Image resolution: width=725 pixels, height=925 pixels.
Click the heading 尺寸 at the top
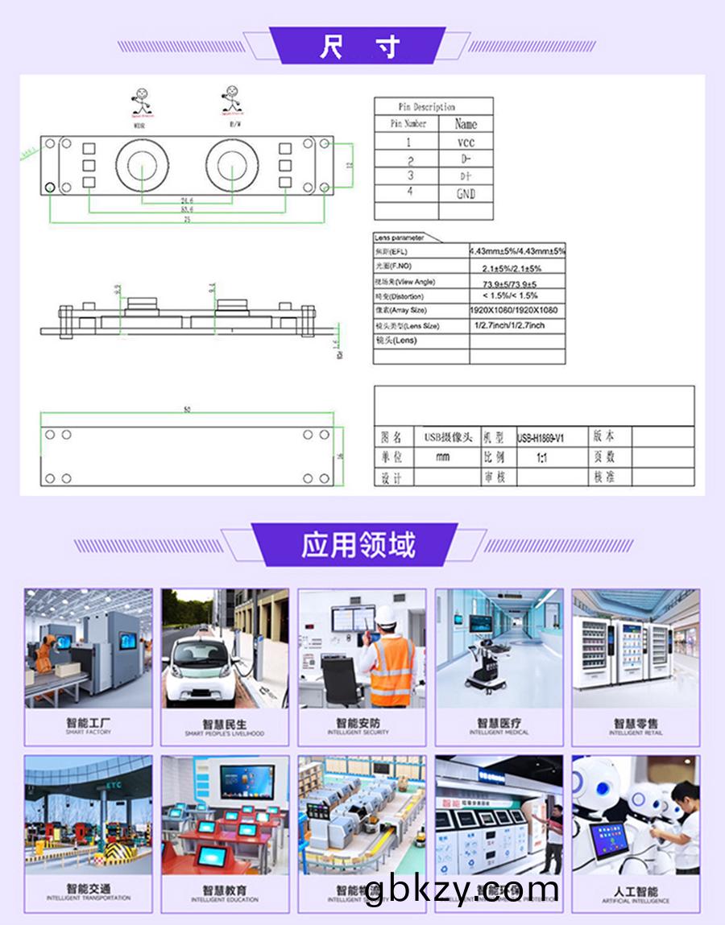click(x=358, y=47)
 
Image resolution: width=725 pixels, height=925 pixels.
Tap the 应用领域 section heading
click(x=358, y=545)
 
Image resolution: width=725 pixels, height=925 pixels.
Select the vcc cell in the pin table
click(x=466, y=142)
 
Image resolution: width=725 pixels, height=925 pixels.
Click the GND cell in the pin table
click(x=466, y=193)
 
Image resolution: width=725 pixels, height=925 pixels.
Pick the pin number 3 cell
click(x=410, y=176)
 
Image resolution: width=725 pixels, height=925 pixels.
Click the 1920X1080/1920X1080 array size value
click(x=514, y=310)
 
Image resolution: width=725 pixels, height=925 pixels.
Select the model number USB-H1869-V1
click(x=540, y=437)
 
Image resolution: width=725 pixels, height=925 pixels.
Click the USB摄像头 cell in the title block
click(x=448, y=437)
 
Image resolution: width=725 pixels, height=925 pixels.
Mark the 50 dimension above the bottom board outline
click(x=187, y=410)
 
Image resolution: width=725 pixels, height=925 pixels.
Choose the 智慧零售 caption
click(x=636, y=725)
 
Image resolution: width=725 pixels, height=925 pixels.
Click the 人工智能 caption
click(x=636, y=891)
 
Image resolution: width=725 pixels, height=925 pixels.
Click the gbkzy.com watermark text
click(x=461, y=890)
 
